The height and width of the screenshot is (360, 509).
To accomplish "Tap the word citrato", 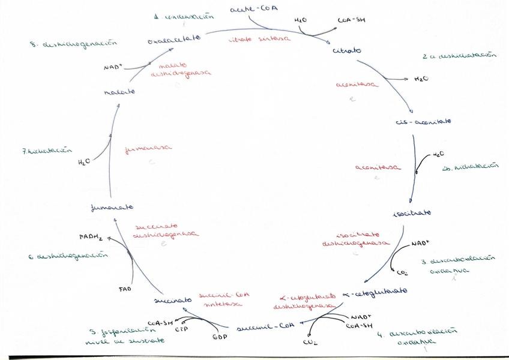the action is tap(347, 50).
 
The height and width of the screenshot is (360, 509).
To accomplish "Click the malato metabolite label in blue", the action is tap(119, 92).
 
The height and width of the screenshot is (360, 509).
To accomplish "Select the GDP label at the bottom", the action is tap(219, 337).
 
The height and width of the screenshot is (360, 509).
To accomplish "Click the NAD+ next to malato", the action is tap(113, 67).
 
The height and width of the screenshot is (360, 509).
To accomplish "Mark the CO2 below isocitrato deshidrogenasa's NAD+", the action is tap(402, 273).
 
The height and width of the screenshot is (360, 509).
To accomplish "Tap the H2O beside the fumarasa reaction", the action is tap(85, 163).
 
